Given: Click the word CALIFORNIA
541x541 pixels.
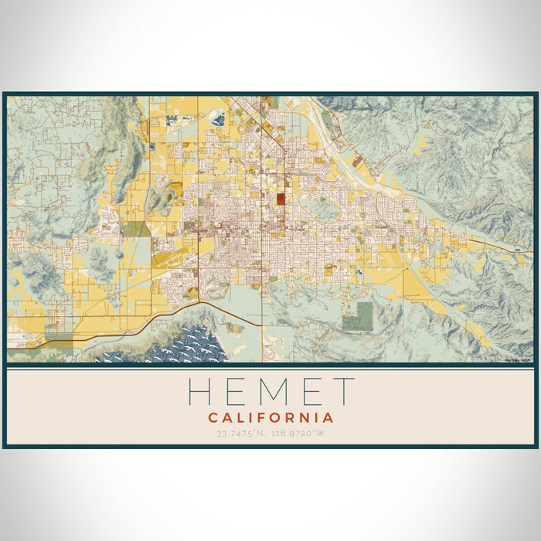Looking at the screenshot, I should (x=270, y=418).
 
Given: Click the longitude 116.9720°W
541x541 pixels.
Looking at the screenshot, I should (x=303, y=434).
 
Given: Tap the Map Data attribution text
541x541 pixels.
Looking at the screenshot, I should (x=517, y=359).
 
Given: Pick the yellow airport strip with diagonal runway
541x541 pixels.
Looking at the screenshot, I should (x=172, y=260).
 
